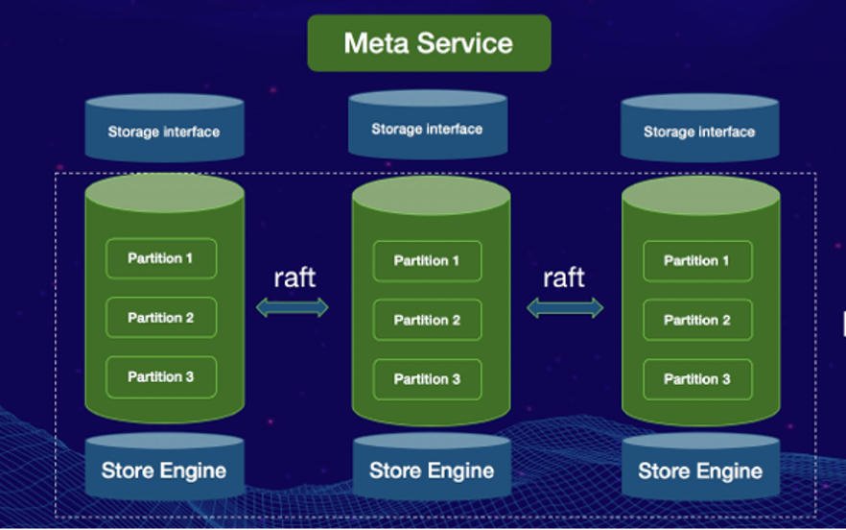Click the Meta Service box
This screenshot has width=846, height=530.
pyautogui.click(x=429, y=43)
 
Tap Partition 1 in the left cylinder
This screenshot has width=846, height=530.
pyautogui.click(x=161, y=258)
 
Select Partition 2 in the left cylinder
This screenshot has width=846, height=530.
pyautogui.click(x=161, y=318)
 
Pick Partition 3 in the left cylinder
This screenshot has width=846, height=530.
pyautogui.click(x=161, y=376)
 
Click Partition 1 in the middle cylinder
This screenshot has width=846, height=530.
pyautogui.click(x=427, y=261)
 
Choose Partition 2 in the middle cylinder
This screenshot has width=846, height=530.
pyautogui.click(x=427, y=320)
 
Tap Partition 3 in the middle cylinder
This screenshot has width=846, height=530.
pyautogui.click(x=427, y=379)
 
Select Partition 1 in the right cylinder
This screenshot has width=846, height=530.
pyautogui.click(x=697, y=261)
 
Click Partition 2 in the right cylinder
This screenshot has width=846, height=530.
pyautogui.click(x=697, y=320)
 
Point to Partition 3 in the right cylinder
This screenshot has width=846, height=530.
pyautogui.click(x=697, y=379)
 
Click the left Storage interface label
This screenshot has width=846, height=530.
pyautogui.click(x=164, y=132)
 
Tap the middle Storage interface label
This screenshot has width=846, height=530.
pyautogui.click(x=427, y=129)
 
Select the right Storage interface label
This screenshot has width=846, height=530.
pyautogui.click(x=699, y=132)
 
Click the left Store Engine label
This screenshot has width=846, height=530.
pyautogui.click(x=164, y=470)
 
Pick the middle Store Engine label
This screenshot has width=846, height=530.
pyautogui.click(x=432, y=470)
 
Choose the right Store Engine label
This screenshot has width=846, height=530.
pyautogui.click(x=700, y=471)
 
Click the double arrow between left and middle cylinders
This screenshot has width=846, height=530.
pyautogui.click(x=293, y=307)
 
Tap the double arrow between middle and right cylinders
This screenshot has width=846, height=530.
pyautogui.click(x=566, y=308)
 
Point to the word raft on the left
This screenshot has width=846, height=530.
pyautogui.click(x=294, y=277)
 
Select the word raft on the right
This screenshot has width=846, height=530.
pyautogui.click(x=564, y=277)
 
